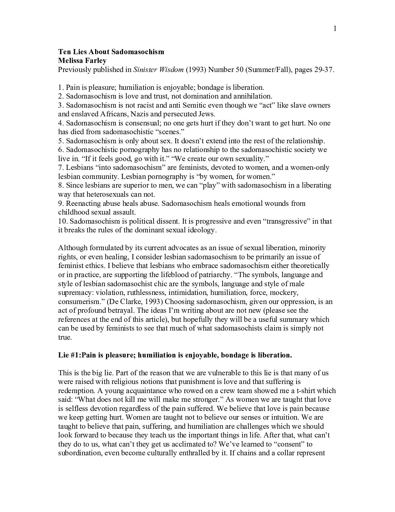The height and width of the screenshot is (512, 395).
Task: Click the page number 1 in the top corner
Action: point(335,29)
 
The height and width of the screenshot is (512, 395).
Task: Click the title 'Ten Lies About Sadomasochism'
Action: point(111,52)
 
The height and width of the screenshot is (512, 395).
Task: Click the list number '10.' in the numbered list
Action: point(63,221)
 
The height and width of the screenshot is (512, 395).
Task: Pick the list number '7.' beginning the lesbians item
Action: point(61,168)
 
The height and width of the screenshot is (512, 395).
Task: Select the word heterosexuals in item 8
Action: point(99,195)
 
